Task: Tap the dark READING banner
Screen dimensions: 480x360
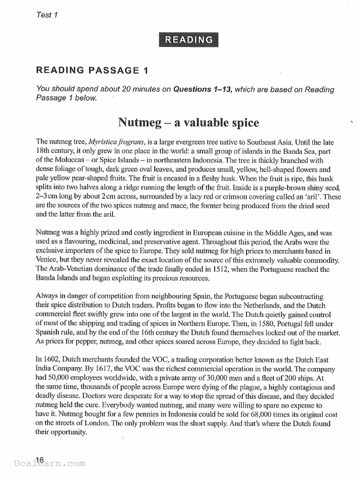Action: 187,40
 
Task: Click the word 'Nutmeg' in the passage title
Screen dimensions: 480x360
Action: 136,123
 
